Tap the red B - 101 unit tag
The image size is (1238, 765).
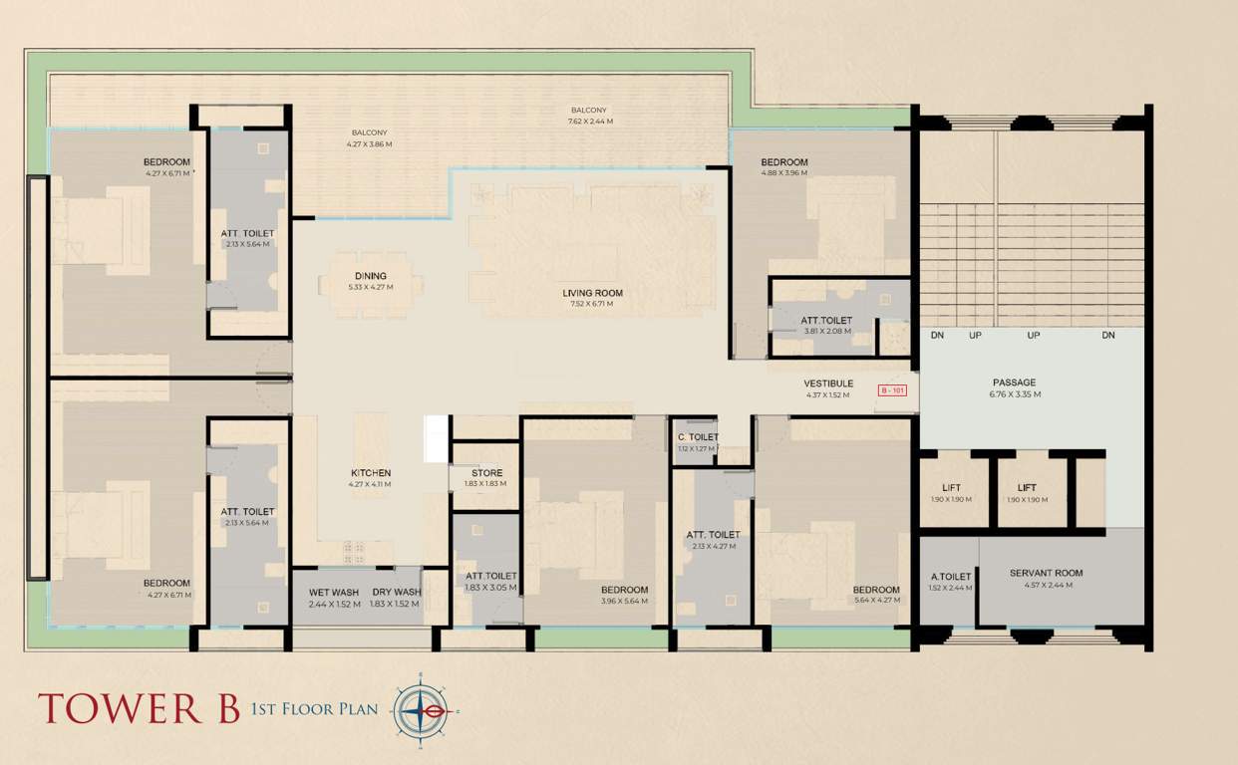point(891,390)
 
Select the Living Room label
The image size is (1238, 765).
point(592,293)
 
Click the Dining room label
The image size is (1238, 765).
point(370,276)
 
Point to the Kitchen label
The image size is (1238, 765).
point(370,473)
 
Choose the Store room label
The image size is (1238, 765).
point(486,473)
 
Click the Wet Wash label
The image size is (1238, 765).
point(334,593)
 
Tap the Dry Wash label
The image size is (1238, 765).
point(396,593)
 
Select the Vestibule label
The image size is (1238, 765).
point(828,383)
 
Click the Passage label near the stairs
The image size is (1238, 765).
point(1014,382)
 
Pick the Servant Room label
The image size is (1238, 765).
point(1046,573)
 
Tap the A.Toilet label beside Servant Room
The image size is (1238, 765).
point(950,576)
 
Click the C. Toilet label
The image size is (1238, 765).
point(698,437)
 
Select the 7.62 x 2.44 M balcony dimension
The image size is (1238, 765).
point(589,121)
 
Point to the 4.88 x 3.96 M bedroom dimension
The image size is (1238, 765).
point(783,172)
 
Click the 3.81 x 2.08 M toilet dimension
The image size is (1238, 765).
point(826,331)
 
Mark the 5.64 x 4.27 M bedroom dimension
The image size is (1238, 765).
point(876,601)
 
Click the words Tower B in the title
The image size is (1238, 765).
point(139,708)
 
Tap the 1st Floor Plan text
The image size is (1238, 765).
point(314,709)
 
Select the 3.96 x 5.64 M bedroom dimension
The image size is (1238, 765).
point(624,601)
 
